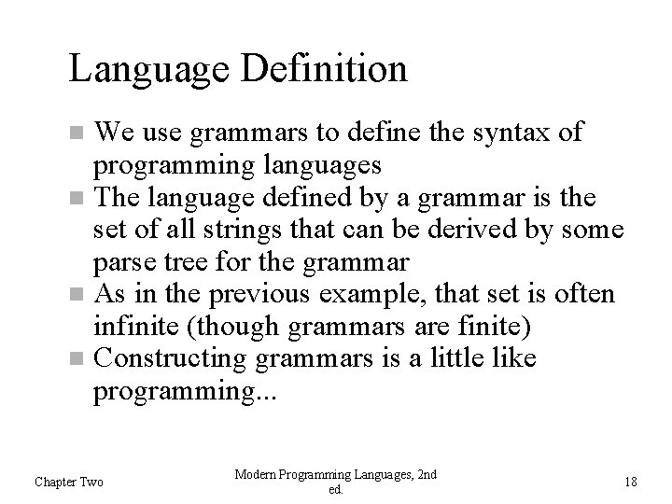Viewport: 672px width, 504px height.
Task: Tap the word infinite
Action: (x=132, y=327)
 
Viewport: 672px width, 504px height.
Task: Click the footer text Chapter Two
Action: (x=69, y=482)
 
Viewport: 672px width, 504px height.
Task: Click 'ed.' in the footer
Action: (x=336, y=490)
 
